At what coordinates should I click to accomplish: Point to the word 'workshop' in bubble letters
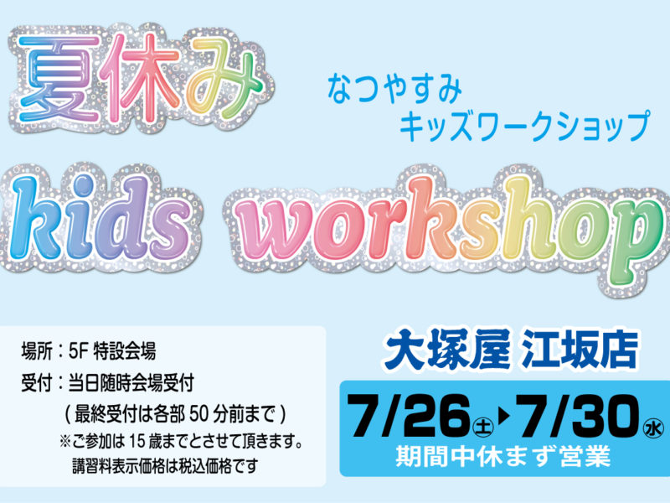pyautogui.click(x=449, y=229)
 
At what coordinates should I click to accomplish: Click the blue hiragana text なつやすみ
pyautogui.click(x=394, y=90)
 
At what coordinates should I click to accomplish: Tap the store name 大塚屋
pyautogui.click(x=446, y=351)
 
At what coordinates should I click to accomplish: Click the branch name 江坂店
pyautogui.click(x=578, y=351)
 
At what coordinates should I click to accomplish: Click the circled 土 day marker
pyautogui.click(x=483, y=428)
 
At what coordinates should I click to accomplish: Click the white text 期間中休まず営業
pyautogui.click(x=503, y=456)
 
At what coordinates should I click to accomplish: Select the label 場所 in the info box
pyautogui.click(x=37, y=351)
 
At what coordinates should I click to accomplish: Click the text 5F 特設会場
pyautogui.click(x=112, y=351)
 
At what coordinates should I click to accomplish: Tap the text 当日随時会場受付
pyautogui.click(x=131, y=383)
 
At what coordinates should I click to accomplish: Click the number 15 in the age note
pyautogui.click(x=137, y=442)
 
